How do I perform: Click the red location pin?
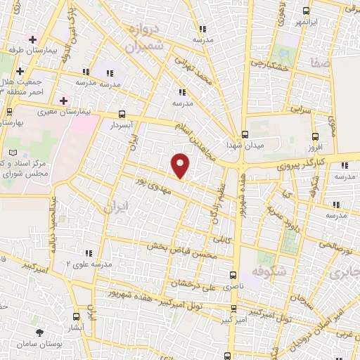pyautogui.click(x=181, y=165)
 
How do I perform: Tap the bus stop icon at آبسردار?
pyautogui.click(x=122, y=113)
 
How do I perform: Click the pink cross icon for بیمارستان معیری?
pyautogui.click(x=63, y=101)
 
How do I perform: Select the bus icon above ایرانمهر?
pyautogui.click(x=304, y=11)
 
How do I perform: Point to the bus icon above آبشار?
pyautogui.click(x=77, y=317)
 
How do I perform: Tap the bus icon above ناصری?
pyautogui.click(x=233, y=276)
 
